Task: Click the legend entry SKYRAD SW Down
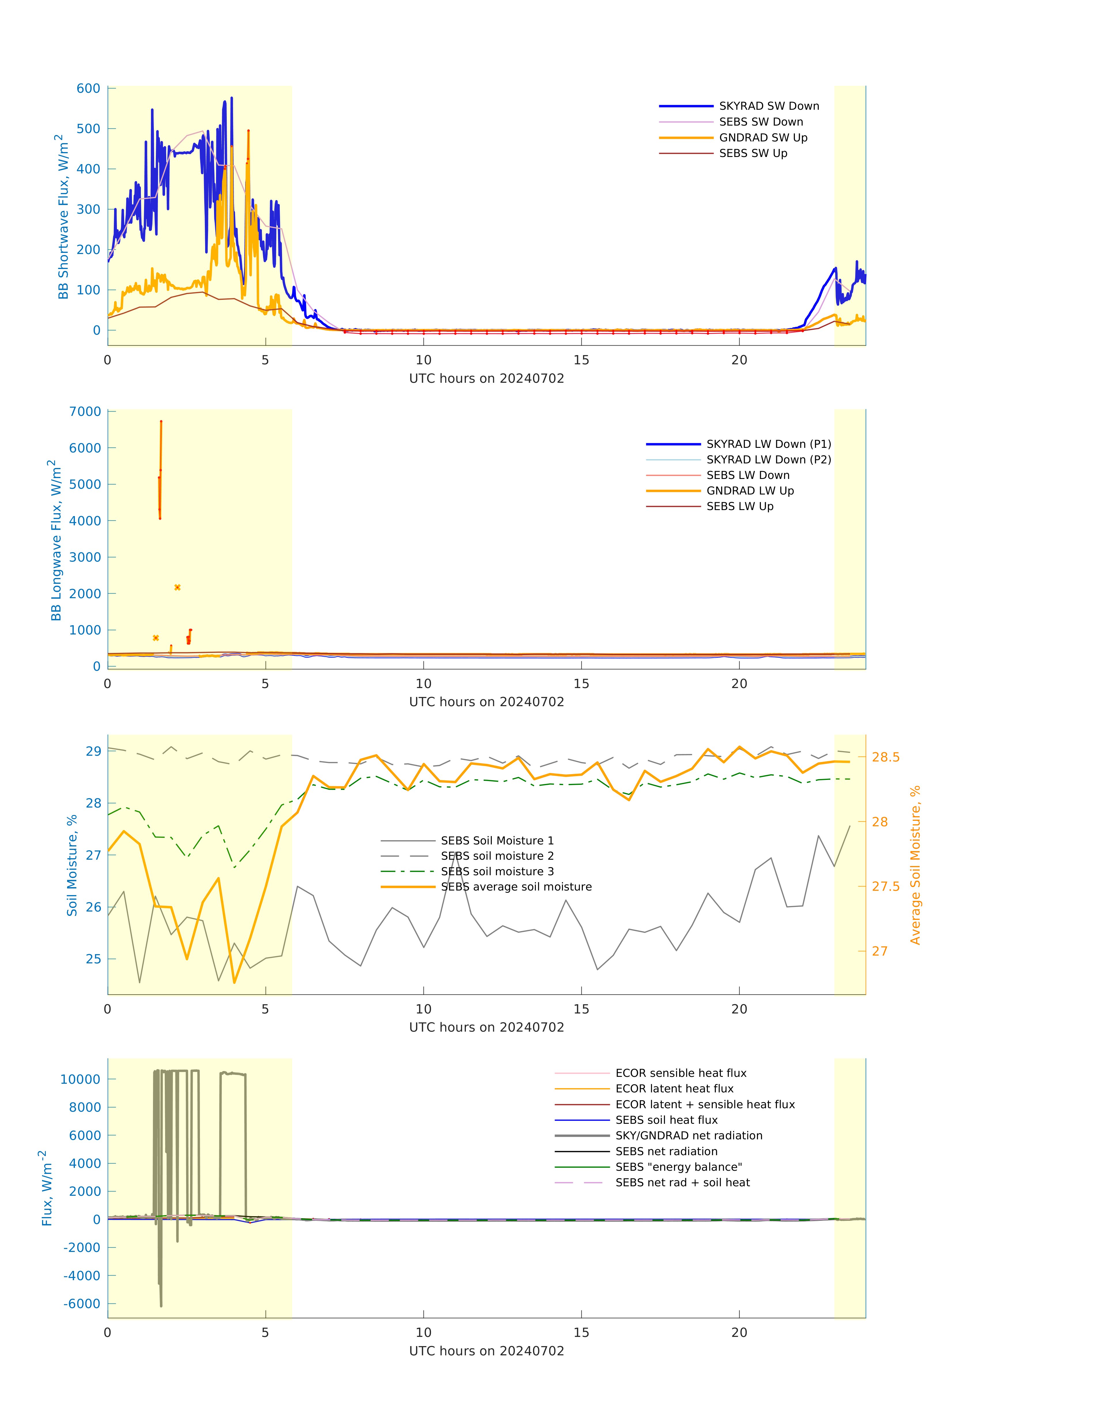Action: (768, 106)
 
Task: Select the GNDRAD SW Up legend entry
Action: (763, 137)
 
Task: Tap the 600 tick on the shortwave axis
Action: (88, 88)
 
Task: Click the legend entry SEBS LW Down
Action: (747, 475)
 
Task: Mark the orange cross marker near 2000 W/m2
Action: (177, 588)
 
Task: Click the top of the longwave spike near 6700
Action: (161, 422)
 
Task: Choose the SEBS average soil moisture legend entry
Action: (515, 887)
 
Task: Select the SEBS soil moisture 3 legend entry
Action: (497, 871)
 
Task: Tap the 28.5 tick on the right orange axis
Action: (885, 757)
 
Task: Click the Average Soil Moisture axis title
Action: (915, 865)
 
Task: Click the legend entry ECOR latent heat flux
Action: (674, 1089)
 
